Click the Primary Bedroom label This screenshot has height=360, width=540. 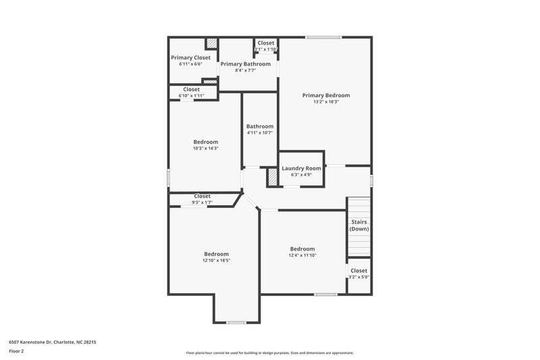(326, 95)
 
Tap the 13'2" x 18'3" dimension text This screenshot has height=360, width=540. (326, 102)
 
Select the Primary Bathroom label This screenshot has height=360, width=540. (246, 63)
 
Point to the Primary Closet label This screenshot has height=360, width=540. (190, 57)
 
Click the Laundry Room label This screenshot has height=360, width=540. (301, 168)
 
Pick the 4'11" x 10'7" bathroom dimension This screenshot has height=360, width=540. (260, 132)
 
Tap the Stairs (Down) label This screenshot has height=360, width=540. (359, 225)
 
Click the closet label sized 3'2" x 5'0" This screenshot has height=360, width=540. (359, 270)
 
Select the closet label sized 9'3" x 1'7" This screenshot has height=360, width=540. (202, 196)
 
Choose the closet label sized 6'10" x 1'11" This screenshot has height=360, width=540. (191, 89)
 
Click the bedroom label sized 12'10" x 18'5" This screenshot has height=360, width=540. (216, 254)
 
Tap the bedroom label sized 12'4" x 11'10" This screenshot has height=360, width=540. (302, 249)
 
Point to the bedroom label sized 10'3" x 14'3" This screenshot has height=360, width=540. (207, 142)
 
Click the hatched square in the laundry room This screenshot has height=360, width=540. (273, 177)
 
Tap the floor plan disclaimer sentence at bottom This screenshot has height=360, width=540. (269, 353)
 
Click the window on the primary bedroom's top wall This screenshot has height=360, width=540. (323, 37)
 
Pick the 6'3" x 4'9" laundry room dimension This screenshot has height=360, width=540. (301, 175)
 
